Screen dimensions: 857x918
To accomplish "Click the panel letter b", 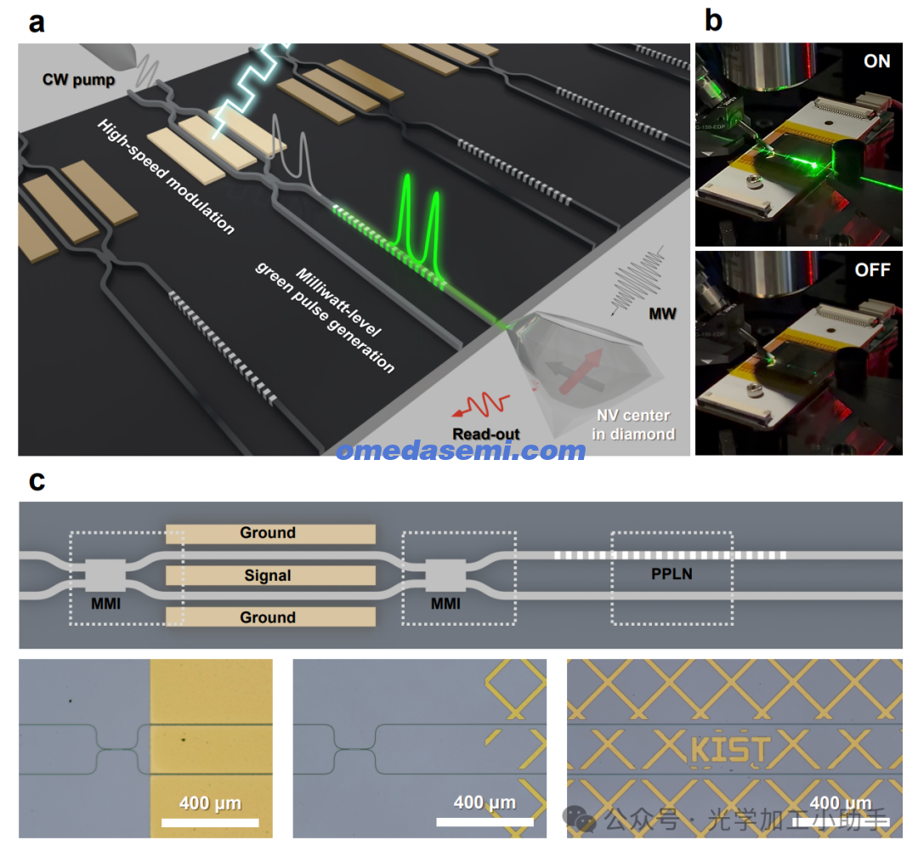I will click(713, 20).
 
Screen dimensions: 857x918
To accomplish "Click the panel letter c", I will click(36, 481).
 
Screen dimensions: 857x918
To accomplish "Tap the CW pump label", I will click(78, 80).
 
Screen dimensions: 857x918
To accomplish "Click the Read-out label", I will click(485, 434).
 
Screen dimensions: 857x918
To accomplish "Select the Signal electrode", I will click(269, 576).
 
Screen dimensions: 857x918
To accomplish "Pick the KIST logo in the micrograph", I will click(729, 750).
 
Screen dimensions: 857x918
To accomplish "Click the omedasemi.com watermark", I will click(460, 450).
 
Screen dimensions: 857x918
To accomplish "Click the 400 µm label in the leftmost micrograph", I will click(210, 803).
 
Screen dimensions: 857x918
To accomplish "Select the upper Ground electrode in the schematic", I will click(269, 533).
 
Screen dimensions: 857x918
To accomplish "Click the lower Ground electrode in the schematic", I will click(269, 617).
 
